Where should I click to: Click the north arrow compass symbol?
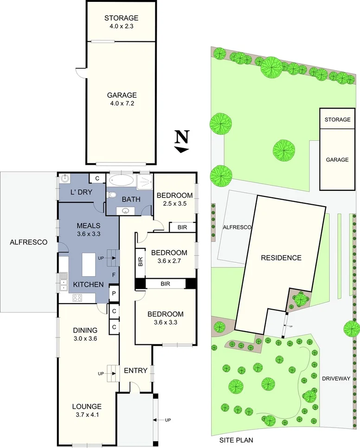(182, 142)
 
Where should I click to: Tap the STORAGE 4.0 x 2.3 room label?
(121, 22)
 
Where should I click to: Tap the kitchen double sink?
(63, 282)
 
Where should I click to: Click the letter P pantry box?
(113, 293)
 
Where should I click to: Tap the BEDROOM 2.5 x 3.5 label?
(174, 199)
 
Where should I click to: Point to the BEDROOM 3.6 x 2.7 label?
(169, 257)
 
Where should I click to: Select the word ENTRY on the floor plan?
(135, 370)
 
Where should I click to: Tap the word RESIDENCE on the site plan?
(281, 258)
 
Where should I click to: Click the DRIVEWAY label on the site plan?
(336, 378)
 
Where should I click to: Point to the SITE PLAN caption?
(237, 440)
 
